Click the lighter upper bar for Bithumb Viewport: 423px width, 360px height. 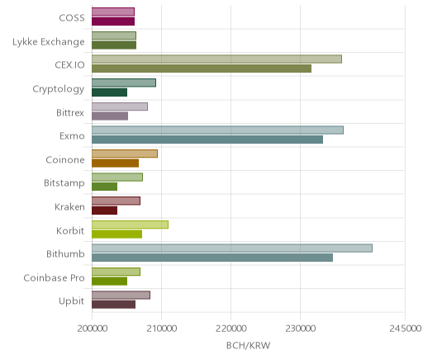[x=232, y=249]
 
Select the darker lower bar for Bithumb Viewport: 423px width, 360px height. [x=212, y=258]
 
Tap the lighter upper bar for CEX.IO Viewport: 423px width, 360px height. [x=217, y=59]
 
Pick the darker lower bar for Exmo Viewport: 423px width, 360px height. [x=207, y=140]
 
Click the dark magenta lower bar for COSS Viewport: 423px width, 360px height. [x=113, y=21]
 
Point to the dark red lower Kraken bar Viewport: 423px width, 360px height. [x=105, y=211]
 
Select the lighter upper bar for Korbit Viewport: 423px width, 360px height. [x=131, y=225]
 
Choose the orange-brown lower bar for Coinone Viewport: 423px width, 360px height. [x=116, y=163]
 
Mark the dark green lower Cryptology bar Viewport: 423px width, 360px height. [x=110, y=92]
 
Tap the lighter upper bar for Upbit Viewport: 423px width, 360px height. [x=121, y=296]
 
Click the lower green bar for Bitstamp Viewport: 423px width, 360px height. [x=105, y=187]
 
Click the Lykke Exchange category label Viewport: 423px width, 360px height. [x=49, y=42]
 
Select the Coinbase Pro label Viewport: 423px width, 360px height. [x=54, y=278]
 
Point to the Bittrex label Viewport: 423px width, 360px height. [x=70, y=113]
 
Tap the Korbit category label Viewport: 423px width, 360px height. [x=70, y=230]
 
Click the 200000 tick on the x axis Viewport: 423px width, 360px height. [x=92, y=329]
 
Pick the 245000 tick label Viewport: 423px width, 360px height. [x=405, y=329]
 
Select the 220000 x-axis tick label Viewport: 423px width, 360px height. [x=231, y=329]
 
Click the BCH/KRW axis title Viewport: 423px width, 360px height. [x=249, y=345]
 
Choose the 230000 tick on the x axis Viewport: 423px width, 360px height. [x=301, y=329]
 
